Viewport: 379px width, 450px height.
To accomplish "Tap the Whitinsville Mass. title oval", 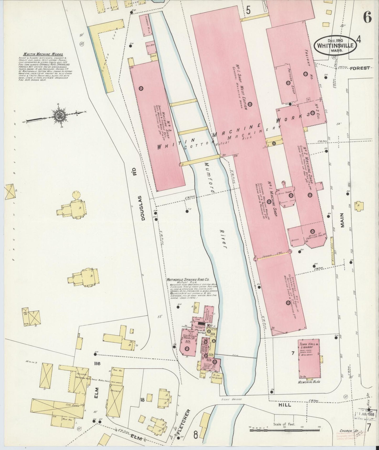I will pos(335,45).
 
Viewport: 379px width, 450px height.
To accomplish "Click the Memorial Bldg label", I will pos(309,382).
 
